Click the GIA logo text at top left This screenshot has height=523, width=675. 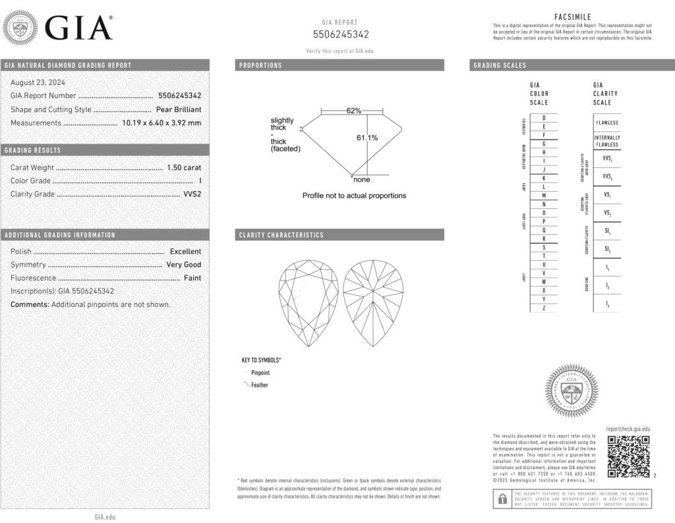[x=78, y=28]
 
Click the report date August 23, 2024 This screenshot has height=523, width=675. [x=38, y=82]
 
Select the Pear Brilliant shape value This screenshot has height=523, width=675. [x=179, y=109]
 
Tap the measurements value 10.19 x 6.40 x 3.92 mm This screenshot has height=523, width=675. [x=161, y=123]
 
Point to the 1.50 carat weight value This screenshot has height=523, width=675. [x=185, y=167]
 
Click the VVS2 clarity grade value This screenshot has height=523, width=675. [x=191, y=194]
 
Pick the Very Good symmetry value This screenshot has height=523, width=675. [x=184, y=265]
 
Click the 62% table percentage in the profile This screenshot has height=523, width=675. [x=354, y=111]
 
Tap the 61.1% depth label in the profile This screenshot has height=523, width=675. [x=367, y=138]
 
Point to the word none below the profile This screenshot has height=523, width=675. [x=362, y=180]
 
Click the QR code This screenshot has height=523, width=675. [x=628, y=456]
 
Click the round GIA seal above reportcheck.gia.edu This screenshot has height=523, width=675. [x=572, y=391]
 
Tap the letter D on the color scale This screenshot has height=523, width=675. [x=544, y=117]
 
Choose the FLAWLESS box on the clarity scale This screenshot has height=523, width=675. [x=607, y=123]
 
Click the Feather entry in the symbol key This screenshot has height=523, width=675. [x=259, y=385]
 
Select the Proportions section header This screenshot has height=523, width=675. [x=260, y=65]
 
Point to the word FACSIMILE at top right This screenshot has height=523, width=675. [x=572, y=16]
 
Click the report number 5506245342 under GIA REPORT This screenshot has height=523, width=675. [x=340, y=34]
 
